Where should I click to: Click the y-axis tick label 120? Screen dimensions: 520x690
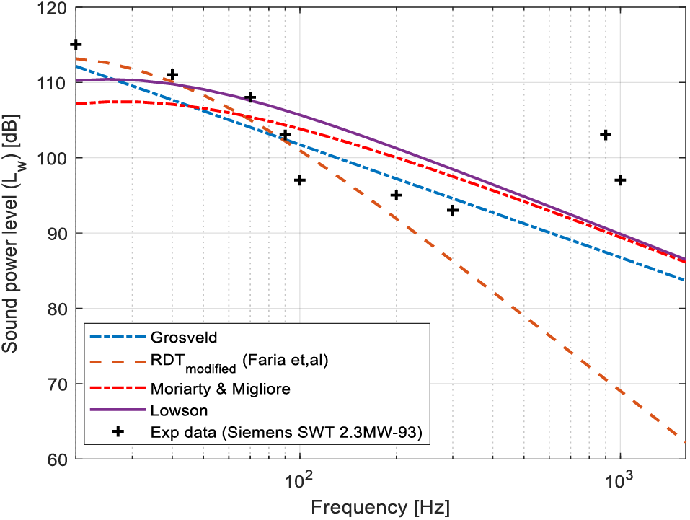click(x=54, y=9)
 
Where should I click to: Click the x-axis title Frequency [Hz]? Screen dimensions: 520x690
click(x=380, y=506)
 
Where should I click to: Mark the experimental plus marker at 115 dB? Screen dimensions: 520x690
click(x=76, y=45)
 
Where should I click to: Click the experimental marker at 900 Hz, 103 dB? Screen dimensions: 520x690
click(x=606, y=135)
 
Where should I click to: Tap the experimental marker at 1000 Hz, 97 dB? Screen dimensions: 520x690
click(x=620, y=180)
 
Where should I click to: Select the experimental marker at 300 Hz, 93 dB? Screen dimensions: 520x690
click(x=453, y=210)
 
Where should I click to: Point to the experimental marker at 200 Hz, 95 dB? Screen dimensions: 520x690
click(x=396, y=195)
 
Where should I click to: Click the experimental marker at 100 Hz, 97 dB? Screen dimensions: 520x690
click(x=300, y=180)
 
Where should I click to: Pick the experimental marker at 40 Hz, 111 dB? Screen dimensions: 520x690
click(x=172, y=74)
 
